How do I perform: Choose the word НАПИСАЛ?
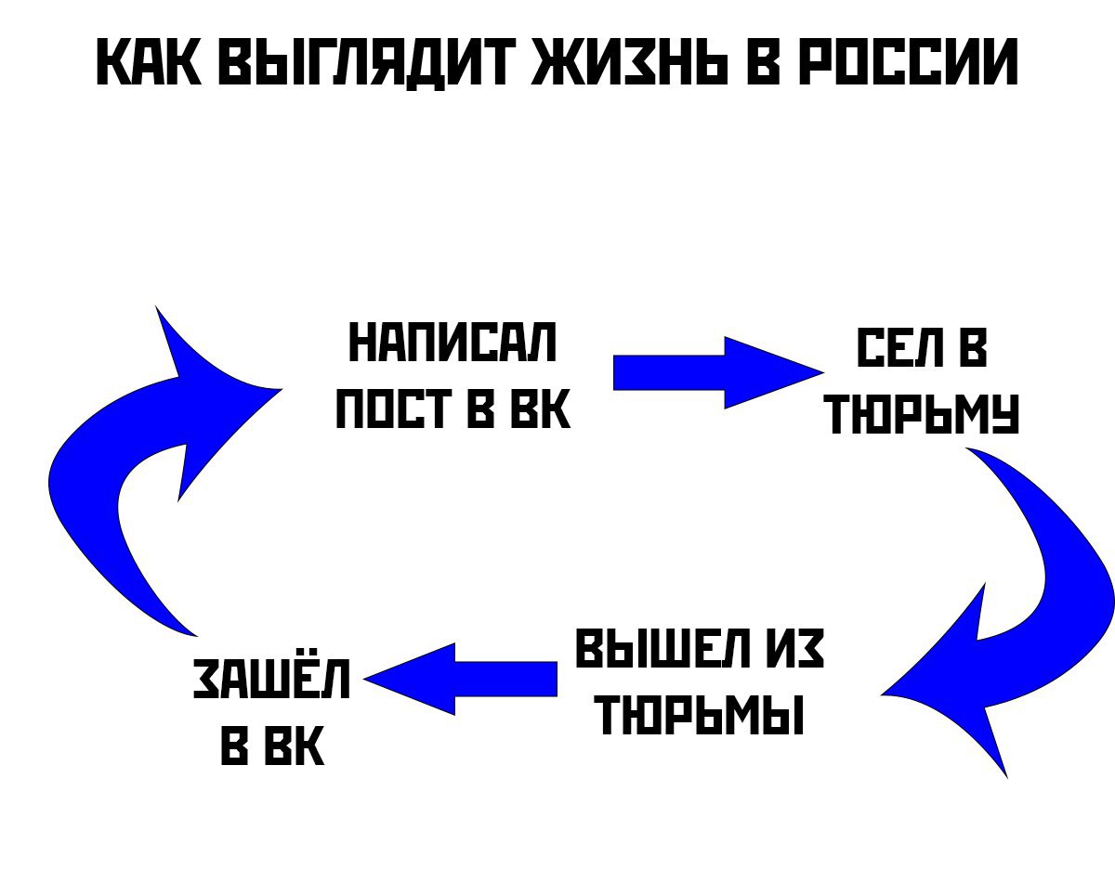(453, 343)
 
